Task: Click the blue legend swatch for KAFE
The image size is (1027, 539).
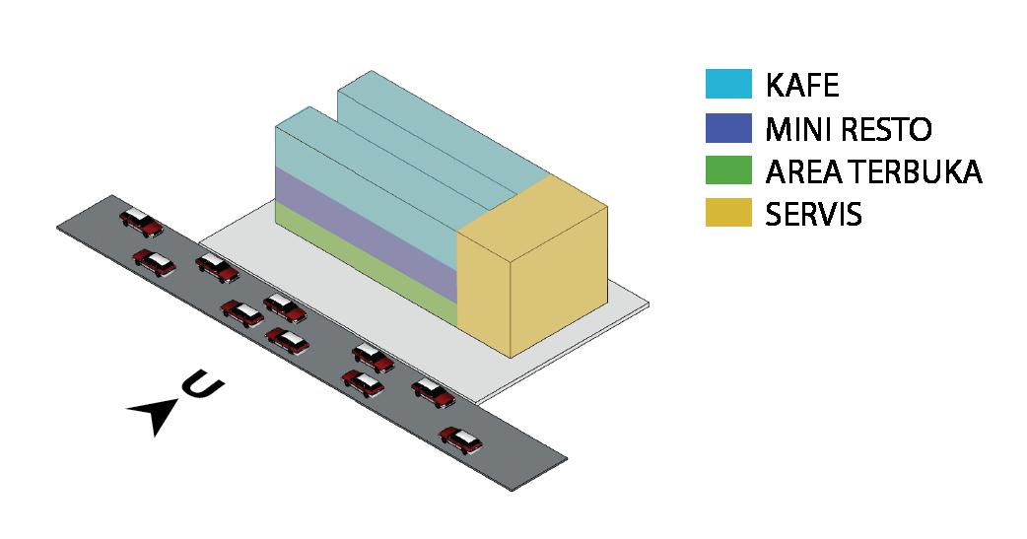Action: [729, 85]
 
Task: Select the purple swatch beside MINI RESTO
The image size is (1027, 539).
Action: [729, 128]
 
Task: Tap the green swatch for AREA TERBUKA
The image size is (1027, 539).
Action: [729, 171]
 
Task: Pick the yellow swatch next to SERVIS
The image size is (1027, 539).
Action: [729, 214]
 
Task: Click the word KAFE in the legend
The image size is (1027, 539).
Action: [802, 86]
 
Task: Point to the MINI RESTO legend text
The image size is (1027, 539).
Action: [849, 129]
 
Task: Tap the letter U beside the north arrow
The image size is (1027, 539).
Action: [200, 383]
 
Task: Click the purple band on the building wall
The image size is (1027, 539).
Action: [365, 236]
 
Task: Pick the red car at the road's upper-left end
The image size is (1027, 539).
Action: [140, 222]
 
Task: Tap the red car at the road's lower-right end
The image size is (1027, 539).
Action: [461, 439]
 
